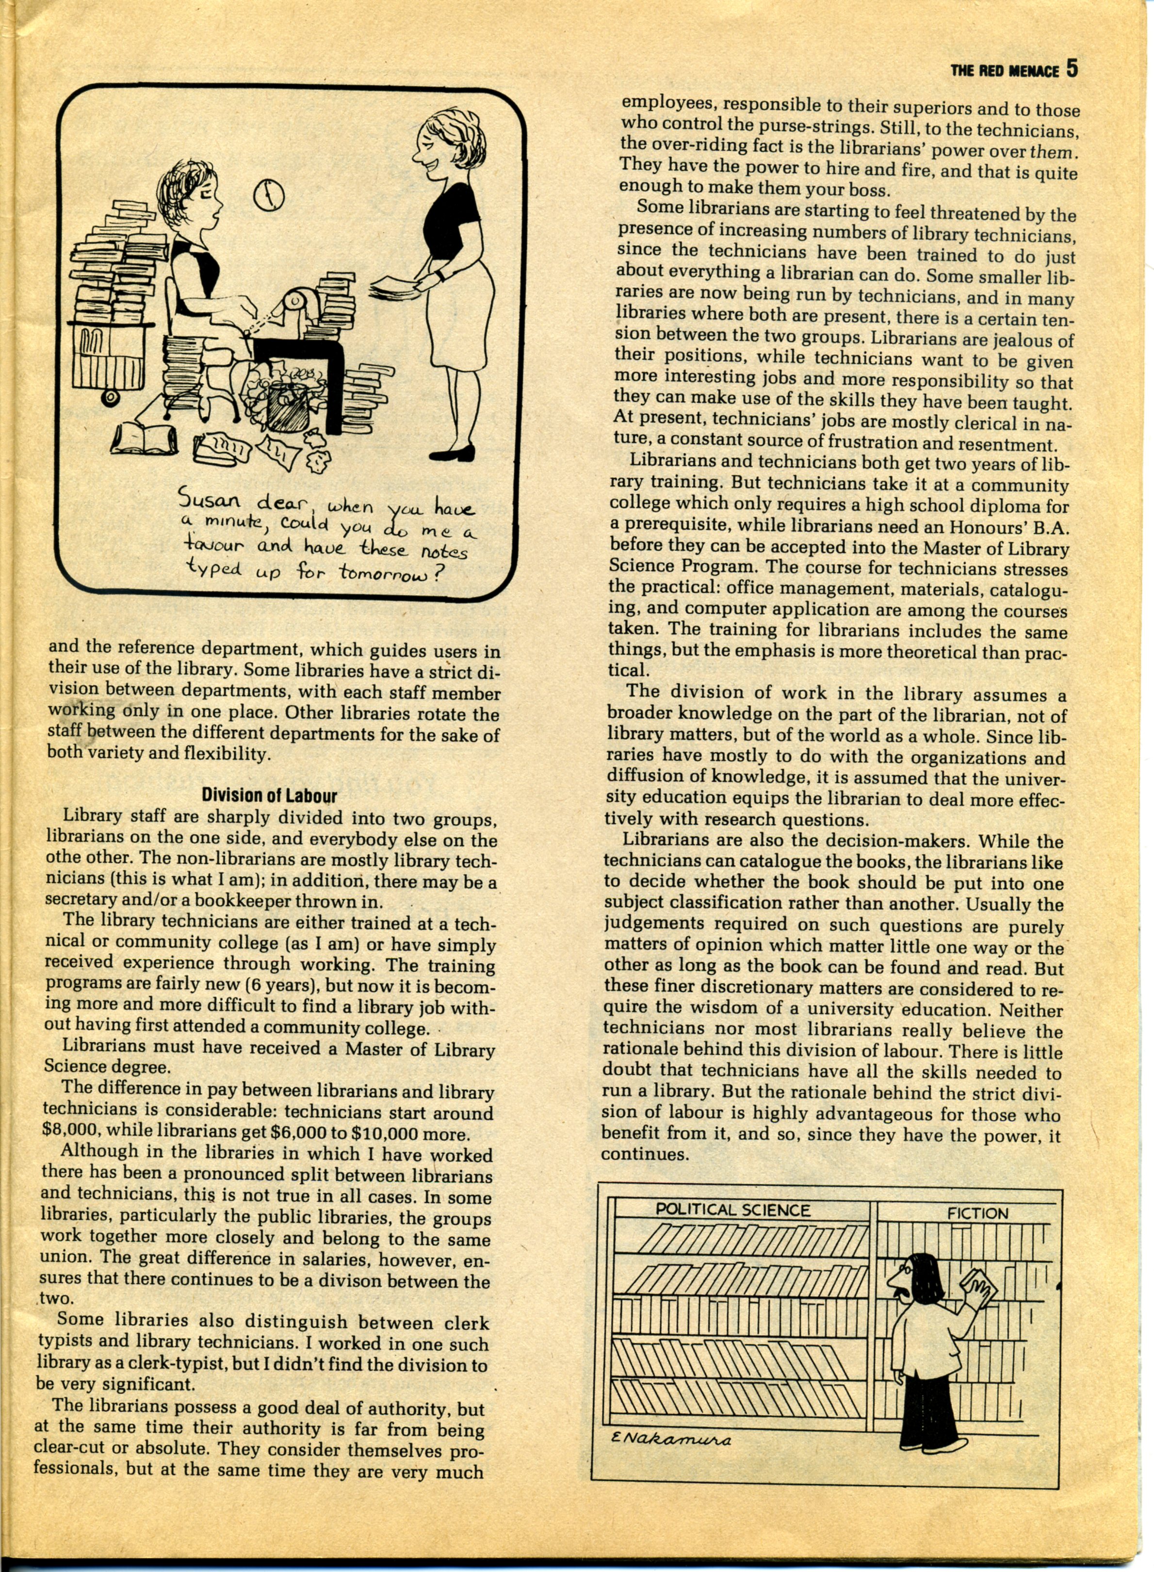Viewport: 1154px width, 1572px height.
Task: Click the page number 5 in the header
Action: coord(1073,69)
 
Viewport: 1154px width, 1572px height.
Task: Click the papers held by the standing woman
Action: coord(395,286)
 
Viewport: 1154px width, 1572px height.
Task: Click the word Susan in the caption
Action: coord(209,500)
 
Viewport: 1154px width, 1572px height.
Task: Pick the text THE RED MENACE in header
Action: coord(1005,71)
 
